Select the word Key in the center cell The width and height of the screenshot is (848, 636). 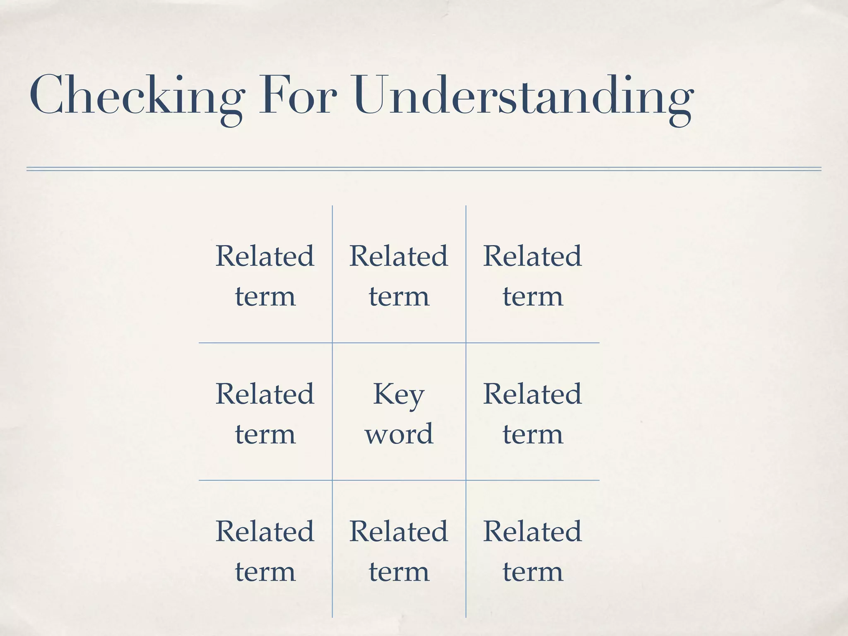tap(399, 394)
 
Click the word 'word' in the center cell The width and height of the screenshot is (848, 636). tap(399, 434)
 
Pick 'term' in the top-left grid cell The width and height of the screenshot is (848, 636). tap(265, 296)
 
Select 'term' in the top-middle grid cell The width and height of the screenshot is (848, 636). tap(399, 296)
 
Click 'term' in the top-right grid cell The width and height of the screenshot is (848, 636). tap(532, 296)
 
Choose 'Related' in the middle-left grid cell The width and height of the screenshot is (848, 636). tap(265, 394)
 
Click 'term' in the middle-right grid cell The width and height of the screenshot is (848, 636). tap(532, 434)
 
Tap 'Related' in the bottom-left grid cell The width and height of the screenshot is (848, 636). tap(265, 531)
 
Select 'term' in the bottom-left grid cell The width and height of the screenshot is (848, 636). tap(265, 572)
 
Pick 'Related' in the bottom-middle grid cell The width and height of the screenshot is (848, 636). tap(399, 531)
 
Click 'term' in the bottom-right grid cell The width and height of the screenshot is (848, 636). tap(532, 572)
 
